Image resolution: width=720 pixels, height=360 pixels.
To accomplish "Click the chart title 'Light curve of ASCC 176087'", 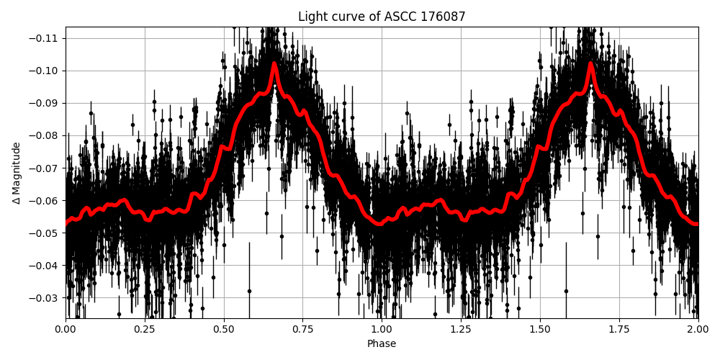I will [x=382, y=17].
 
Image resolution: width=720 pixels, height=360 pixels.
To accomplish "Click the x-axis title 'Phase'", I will [x=382, y=344].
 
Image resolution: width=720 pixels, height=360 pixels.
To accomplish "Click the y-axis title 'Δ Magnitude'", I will [x=17, y=173].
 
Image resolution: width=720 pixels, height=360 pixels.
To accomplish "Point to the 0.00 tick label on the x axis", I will [x=66, y=330].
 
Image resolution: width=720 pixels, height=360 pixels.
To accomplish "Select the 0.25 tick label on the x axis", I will [x=145, y=330].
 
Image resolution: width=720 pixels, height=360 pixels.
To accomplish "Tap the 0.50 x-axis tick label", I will [x=224, y=330].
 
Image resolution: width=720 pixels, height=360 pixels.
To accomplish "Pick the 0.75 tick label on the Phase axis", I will [x=303, y=330].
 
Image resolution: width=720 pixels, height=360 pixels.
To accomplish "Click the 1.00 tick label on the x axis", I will [x=382, y=330].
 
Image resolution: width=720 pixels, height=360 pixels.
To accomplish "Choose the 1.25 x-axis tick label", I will [x=461, y=330].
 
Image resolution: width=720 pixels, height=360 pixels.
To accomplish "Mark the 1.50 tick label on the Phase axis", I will [x=540, y=330].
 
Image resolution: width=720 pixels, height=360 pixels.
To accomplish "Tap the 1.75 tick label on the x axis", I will [x=619, y=330].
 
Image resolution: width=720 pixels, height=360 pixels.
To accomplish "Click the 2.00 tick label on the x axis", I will [x=698, y=330].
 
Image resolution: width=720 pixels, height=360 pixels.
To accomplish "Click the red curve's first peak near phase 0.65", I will [x=274, y=63].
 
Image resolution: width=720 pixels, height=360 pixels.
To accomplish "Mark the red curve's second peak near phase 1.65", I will [x=590, y=63].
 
